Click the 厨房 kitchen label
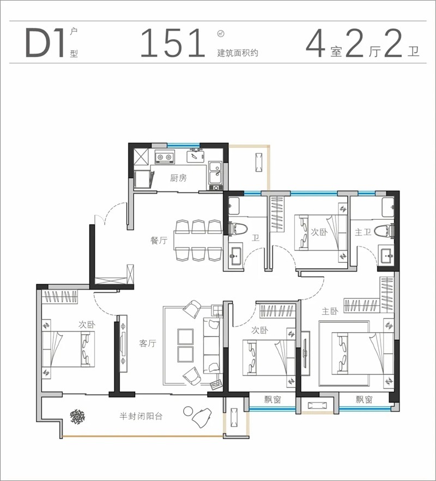click(x=178, y=178)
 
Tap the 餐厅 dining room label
click(x=159, y=240)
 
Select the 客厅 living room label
click(x=148, y=343)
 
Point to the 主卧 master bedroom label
click(x=330, y=311)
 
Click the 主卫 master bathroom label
click(x=363, y=232)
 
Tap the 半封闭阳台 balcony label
click(x=141, y=416)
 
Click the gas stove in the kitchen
click(x=165, y=157)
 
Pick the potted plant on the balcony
click(x=77, y=417)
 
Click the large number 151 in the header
click(x=173, y=43)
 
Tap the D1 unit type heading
click(x=45, y=43)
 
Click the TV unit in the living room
click(x=123, y=344)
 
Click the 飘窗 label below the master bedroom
click(x=364, y=399)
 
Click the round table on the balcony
click(x=187, y=411)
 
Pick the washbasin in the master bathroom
click(x=386, y=255)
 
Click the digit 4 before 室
click(x=316, y=43)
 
